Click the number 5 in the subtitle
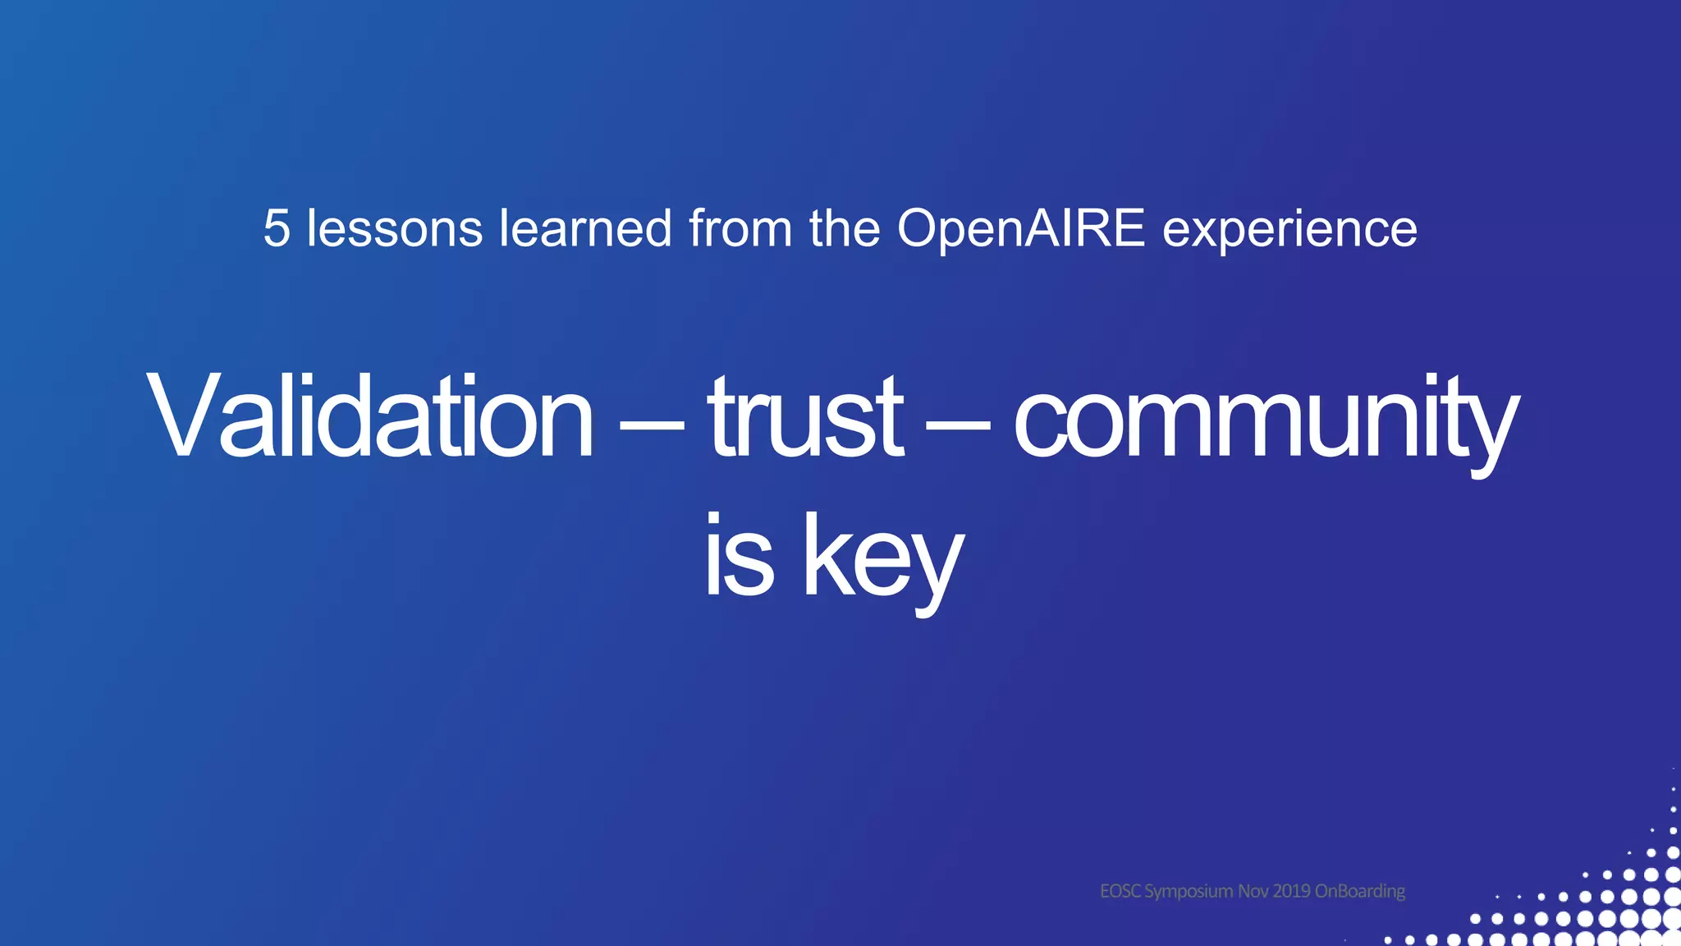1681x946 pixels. coord(277,228)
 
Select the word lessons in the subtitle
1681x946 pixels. coord(394,228)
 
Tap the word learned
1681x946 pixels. coord(585,228)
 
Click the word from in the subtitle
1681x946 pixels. coord(740,228)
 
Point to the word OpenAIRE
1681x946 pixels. coord(1020,228)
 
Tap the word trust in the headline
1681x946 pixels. coord(805,416)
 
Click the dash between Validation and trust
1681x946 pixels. coord(651,425)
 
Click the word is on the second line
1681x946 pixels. coord(739,557)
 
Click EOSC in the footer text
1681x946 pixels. coord(1120,891)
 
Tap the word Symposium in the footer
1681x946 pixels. coord(1189,892)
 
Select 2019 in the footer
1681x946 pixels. coord(1292,891)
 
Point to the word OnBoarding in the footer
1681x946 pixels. coord(1360,892)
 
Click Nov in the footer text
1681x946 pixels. coord(1253,891)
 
